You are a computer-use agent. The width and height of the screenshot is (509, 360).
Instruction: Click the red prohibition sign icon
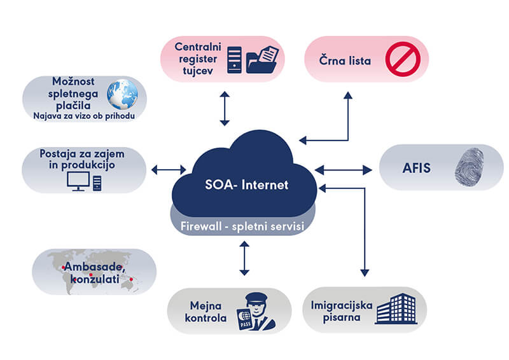[x=403, y=59]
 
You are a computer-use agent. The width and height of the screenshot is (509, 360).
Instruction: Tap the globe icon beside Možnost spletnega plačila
[x=122, y=95]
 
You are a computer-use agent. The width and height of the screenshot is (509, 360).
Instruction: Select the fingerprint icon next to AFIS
[x=469, y=167]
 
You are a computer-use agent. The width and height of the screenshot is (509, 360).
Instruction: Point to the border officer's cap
[x=256, y=297]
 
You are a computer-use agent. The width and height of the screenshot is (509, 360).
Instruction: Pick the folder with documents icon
[x=262, y=59]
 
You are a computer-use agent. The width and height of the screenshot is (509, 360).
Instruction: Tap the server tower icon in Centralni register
[x=234, y=60]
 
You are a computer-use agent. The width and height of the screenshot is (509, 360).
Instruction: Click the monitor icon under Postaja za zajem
[x=78, y=181]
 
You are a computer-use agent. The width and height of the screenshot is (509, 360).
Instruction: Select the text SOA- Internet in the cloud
[x=247, y=184]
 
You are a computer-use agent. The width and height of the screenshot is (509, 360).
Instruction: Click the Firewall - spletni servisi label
[x=242, y=226]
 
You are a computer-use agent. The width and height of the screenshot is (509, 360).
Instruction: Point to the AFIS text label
[x=417, y=168]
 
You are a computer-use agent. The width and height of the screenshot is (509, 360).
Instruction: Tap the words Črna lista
[x=345, y=60]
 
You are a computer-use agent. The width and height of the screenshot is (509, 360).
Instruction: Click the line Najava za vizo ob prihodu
[x=84, y=116]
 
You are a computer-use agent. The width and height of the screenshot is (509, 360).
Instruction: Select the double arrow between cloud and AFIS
[x=344, y=170]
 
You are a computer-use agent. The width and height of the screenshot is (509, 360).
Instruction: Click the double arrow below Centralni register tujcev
[x=225, y=108]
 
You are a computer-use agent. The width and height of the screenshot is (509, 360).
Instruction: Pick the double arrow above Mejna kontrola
[x=244, y=258]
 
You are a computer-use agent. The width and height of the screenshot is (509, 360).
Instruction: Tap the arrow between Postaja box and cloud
[x=169, y=169]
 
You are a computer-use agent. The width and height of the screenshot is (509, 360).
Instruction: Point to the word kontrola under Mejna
[x=206, y=318]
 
